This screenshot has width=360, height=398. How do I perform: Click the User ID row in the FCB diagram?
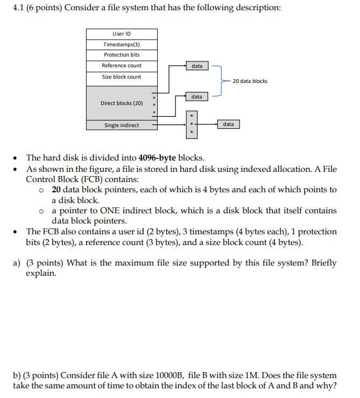coord(122,34)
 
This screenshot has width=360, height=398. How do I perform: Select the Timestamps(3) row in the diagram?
coord(122,44)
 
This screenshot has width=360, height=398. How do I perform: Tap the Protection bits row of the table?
coord(122,55)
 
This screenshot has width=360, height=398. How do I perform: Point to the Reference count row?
coord(122,66)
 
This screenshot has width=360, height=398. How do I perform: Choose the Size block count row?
coord(122,77)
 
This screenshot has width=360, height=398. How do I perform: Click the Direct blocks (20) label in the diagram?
coord(122,103)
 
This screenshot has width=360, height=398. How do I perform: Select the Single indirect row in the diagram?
coord(122,125)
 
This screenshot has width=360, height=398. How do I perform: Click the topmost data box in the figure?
coord(197,66)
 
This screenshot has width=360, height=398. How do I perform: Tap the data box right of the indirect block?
coord(228,124)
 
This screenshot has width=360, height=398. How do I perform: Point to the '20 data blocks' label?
coord(250,81)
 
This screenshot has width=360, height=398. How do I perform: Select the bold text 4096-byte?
coord(157,158)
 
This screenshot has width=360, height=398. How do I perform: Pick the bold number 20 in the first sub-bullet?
coord(57,190)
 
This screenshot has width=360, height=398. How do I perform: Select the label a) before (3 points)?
coord(17,263)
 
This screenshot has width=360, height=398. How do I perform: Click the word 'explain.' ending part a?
coord(41,274)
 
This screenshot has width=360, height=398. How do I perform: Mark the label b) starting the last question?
coord(17,375)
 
